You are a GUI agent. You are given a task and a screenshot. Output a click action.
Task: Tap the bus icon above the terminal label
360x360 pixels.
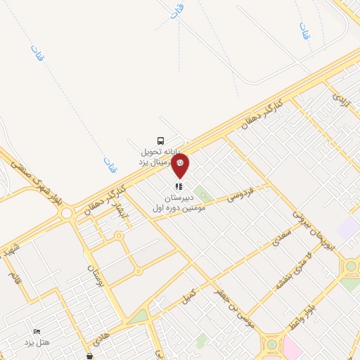pyautogui.click(x=162, y=140)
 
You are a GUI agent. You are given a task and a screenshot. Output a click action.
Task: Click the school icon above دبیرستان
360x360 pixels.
pyautogui.click(x=179, y=187)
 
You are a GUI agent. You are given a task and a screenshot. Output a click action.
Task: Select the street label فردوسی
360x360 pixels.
pyautogui.click(x=240, y=195)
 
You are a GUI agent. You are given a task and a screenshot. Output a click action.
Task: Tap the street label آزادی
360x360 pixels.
pyautogui.click(x=340, y=99)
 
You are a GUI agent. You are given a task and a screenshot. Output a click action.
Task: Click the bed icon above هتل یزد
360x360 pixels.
pyautogui.click(x=37, y=331)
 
